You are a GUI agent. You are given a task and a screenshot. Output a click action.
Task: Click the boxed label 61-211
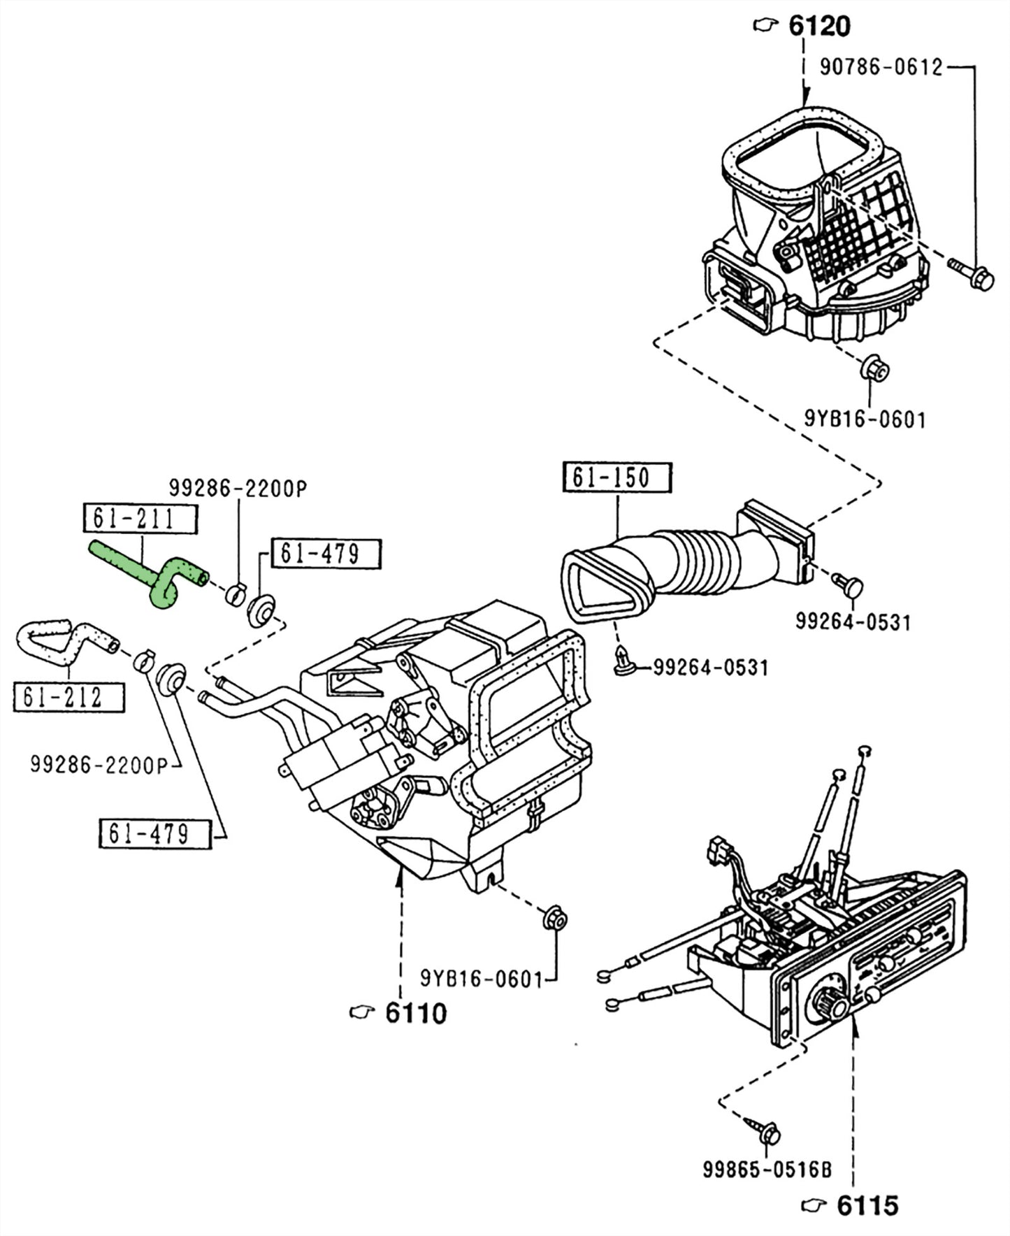coord(140,519)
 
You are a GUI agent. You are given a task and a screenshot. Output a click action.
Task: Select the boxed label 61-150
coord(616,478)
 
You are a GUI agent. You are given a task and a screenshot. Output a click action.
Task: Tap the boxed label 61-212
coord(68,697)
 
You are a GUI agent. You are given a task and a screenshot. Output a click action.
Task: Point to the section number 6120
coord(819,27)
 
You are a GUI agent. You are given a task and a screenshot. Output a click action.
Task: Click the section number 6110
coord(415,1013)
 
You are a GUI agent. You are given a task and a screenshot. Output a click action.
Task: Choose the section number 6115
coord(867,1205)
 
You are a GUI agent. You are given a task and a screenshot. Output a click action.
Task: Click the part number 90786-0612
coord(881,67)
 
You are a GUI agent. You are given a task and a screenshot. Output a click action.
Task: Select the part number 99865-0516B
coord(767,1169)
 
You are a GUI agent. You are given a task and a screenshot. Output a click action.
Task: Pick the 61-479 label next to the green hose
coord(326,554)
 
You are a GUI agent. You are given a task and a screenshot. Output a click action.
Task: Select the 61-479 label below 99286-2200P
coord(154,833)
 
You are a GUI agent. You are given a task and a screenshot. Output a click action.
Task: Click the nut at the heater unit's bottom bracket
coord(555,919)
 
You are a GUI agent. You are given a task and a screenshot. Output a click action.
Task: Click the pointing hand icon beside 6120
coord(766,26)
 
